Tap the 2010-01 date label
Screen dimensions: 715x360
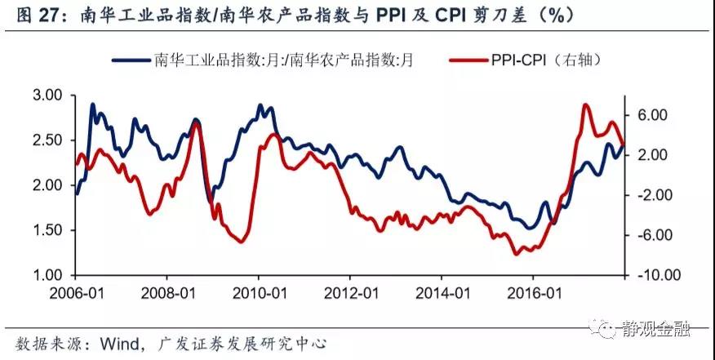[x=259, y=293]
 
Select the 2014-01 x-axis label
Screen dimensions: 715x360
[x=442, y=293]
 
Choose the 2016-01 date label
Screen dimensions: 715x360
[x=534, y=293]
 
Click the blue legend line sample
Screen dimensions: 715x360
[x=131, y=60]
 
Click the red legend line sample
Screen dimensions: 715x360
[x=469, y=60]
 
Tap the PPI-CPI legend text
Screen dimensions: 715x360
[x=518, y=60]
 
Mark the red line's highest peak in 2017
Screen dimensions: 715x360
[x=586, y=106]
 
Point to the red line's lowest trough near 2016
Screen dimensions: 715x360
[x=516, y=254]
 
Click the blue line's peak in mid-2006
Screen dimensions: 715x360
[x=92, y=105]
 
